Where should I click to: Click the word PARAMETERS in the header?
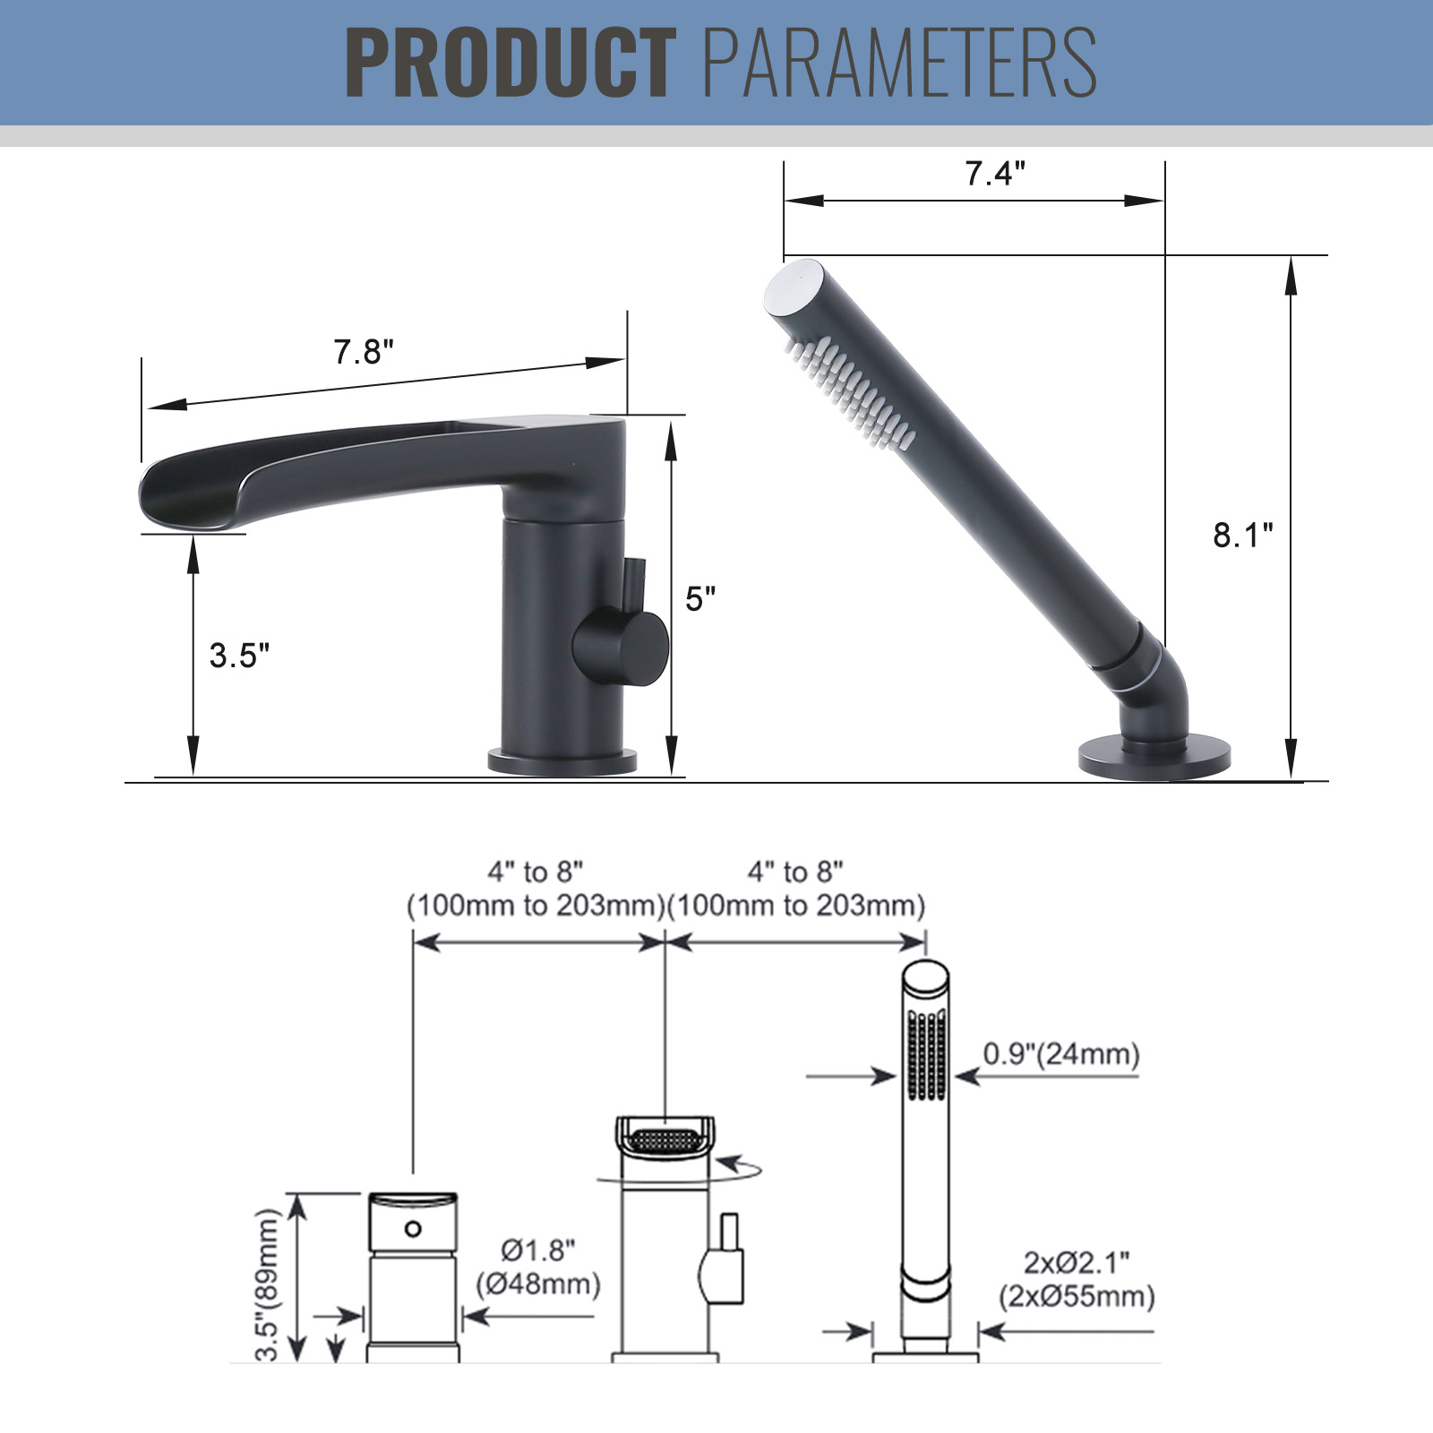900,62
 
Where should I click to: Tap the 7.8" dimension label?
364,352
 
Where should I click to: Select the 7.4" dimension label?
995,173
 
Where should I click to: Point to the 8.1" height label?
1243,536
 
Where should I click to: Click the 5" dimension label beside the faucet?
700,599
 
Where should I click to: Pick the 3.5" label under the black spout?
239,656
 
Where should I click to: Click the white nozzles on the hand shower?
849,391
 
